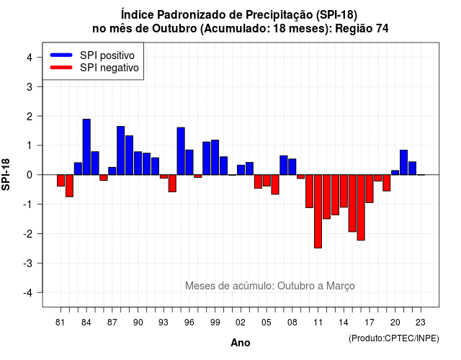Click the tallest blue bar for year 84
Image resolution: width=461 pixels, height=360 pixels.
point(86,147)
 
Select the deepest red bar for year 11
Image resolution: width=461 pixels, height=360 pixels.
point(318,211)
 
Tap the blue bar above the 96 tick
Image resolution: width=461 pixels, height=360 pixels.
point(189,162)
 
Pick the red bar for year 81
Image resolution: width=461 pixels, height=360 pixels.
point(61,181)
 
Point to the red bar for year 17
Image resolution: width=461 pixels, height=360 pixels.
point(370,189)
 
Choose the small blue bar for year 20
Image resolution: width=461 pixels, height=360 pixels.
point(395,173)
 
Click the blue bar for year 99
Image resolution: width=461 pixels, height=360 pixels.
point(215,158)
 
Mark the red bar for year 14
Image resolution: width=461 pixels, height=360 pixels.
point(344,191)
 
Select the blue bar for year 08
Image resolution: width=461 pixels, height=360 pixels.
point(292,167)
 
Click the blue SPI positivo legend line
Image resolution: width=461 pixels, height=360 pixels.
point(61,55)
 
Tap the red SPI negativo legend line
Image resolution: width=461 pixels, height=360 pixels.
point(61,68)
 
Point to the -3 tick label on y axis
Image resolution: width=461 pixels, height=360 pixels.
point(29,263)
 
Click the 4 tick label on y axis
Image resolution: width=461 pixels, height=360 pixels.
point(30,57)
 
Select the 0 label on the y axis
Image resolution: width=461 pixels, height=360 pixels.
point(30,175)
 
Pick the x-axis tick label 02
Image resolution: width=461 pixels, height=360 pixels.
point(240,323)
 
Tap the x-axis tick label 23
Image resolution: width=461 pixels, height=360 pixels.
point(421,323)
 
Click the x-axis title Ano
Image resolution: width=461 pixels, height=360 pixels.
point(241,343)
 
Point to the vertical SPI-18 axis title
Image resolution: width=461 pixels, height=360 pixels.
point(6,174)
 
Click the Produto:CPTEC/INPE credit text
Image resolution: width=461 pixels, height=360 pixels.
point(394,338)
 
